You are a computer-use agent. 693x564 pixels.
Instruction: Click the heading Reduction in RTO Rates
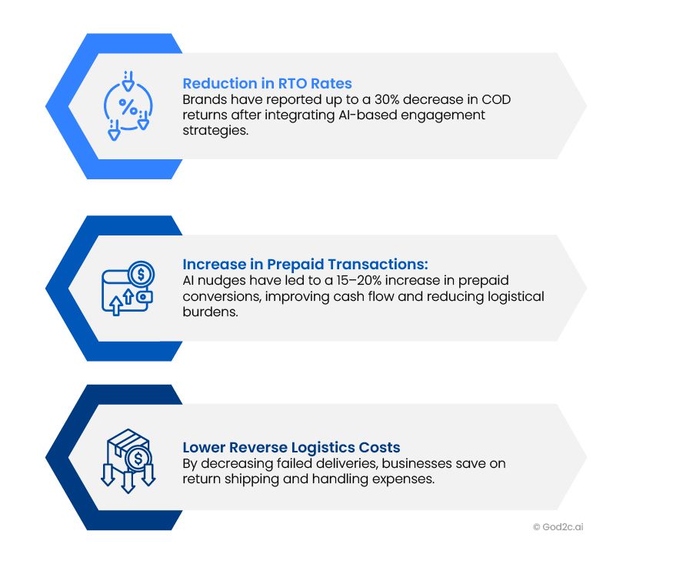[x=268, y=83]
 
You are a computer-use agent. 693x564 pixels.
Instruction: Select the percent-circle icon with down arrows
[x=128, y=105]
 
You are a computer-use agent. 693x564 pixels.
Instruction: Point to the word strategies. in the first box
[x=215, y=131]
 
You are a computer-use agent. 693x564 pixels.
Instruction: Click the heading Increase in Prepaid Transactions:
[x=305, y=264]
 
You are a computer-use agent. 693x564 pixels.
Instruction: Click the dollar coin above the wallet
[x=141, y=274]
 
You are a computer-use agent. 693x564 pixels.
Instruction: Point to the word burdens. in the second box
[x=211, y=312]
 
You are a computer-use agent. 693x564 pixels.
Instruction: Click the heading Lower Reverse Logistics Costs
[x=292, y=447]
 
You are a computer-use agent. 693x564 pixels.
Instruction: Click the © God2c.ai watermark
[x=558, y=527]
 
